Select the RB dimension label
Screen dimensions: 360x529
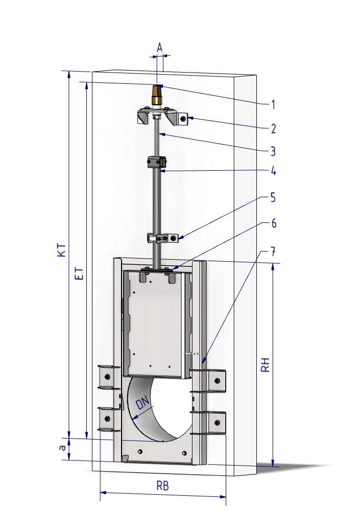coord(162,486)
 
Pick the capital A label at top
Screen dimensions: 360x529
coord(160,48)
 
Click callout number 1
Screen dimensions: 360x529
coord(273,105)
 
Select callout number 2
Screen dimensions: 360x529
coord(273,128)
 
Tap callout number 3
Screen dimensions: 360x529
coord(273,151)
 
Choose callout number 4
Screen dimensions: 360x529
coord(273,171)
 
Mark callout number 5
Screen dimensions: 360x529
coord(273,198)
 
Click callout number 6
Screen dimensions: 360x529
coord(273,223)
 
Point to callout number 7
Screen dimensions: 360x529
coord(273,251)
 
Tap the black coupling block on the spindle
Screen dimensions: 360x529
coord(157,162)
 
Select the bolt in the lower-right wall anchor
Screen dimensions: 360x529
coord(217,422)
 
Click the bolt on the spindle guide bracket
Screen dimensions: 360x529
coord(173,239)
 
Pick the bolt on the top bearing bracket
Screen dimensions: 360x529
coord(183,119)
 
